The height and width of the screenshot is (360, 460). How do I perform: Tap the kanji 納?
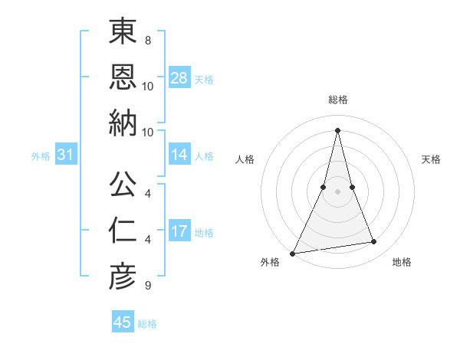point(123,123)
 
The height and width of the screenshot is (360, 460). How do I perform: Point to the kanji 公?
point(123,184)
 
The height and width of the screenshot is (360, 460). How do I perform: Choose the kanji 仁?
point(123,230)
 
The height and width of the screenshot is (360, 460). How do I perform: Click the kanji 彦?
point(123,276)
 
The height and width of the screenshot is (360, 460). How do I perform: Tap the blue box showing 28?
point(179,78)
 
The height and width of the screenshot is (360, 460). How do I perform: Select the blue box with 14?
point(179,155)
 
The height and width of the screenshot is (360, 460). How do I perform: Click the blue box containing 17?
point(179,231)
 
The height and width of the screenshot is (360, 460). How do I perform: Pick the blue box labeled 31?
point(66,155)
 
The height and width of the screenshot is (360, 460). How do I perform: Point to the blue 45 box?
point(123,322)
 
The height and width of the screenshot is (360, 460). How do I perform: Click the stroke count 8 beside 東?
point(147,39)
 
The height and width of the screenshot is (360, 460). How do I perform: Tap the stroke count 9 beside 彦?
point(147,286)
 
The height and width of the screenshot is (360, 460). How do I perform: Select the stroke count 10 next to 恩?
point(148,86)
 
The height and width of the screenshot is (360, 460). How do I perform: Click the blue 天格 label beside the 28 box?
point(203,79)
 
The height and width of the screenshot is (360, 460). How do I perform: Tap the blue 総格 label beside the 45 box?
point(147,323)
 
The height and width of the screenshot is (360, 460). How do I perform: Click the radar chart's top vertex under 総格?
point(337,129)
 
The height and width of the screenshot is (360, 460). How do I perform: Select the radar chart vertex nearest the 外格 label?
point(293,254)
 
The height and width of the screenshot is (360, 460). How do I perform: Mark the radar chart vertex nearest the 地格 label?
point(374,242)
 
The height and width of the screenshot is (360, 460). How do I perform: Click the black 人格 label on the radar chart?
point(245,159)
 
